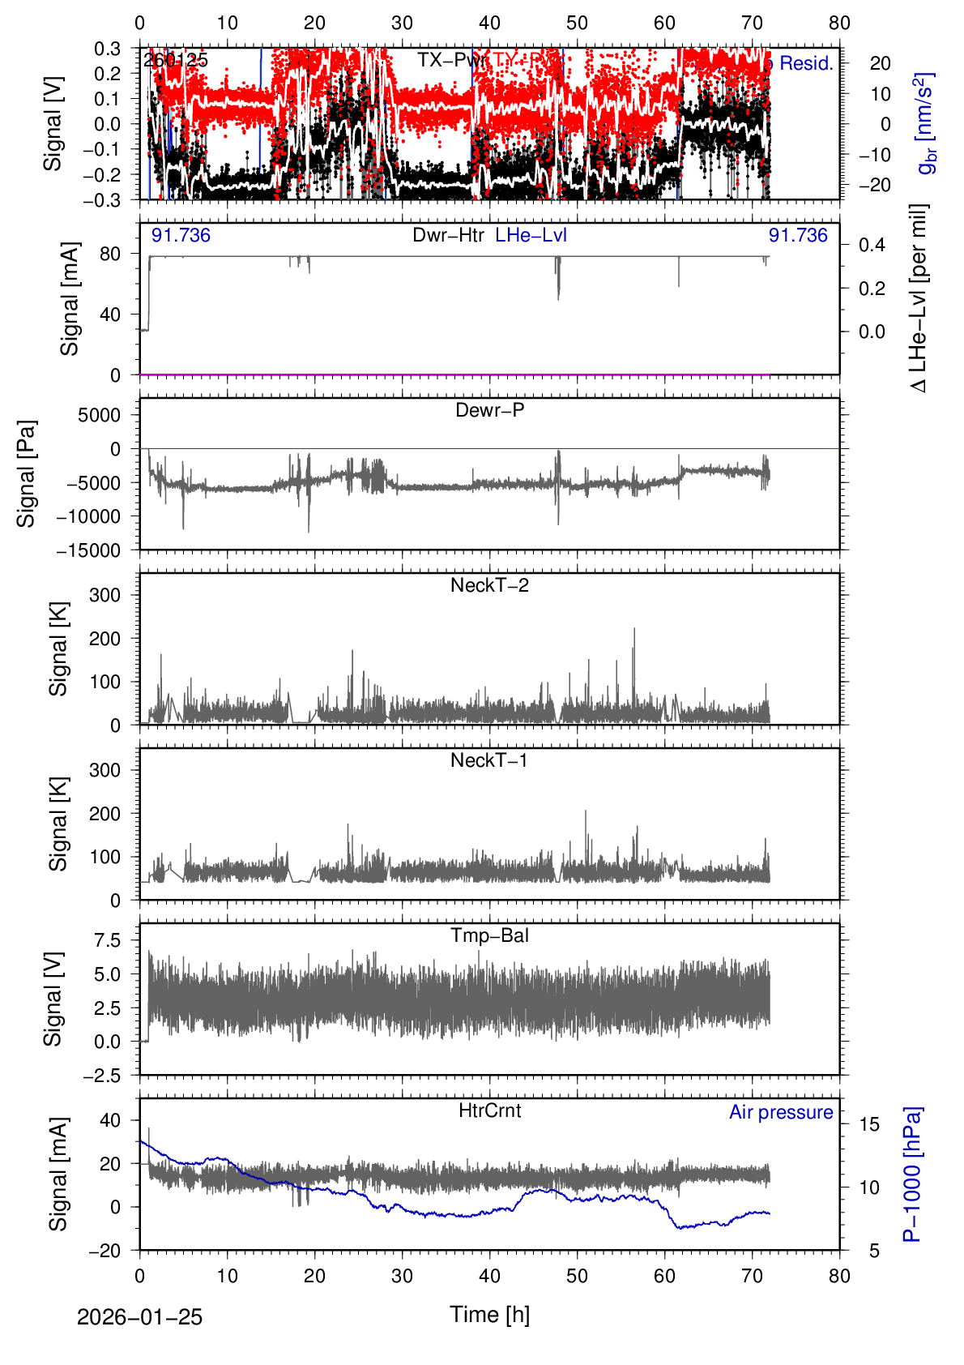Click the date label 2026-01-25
pyautogui.click(x=139, y=1317)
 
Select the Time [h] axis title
pyautogui.click(x=489, y=1315)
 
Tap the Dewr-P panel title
pyautogui.click(x=489, y=410)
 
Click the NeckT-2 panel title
pyautogui.click(x=489, y=585)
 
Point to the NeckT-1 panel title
pyautogui.click(x=489, y=760)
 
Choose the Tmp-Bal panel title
pyautogui.click(x=489, y=935)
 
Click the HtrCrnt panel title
pyautogui.click(x=489, y=1110)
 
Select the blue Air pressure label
pyautogui.click(x=781, y=1112)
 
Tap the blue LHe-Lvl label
pyautogui.click(x=531, y=235)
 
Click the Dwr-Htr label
pyautogui.click(x=448, y=235)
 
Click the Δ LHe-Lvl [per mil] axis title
pyautogui.click(x=918, y=298)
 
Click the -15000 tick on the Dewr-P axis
pyautogui.click(x=88, y=550)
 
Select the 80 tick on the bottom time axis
pyautogui.click(x=839, y=1276)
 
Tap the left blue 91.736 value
pyautogui.click(x=181, y=235)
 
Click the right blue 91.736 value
pyautogui.click(x=798, y=235)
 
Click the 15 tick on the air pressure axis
pyautogui.click(x=869, y=1124)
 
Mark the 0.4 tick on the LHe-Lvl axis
pyautogui.click(x=872, y=245)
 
